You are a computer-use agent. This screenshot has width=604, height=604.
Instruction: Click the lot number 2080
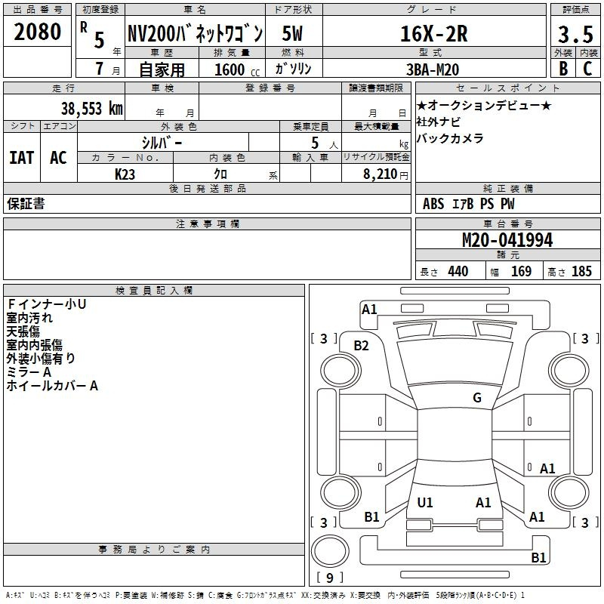point(37,32)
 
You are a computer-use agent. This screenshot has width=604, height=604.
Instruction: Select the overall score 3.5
point(575,34)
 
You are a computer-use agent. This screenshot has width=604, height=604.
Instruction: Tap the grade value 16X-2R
point(433,34)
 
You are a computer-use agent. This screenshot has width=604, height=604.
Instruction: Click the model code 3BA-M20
point(433,69)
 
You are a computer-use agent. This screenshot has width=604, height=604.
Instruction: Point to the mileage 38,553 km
point(91,109)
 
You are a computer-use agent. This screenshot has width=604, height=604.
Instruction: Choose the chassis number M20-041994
point(507,240)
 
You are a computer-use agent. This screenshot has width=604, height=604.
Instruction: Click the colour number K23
point(125,174)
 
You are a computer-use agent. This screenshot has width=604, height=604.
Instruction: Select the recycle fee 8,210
point(380,174)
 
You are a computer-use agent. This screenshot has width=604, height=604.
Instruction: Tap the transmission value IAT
point(21,158)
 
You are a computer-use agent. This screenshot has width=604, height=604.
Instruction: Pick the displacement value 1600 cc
point(237,69)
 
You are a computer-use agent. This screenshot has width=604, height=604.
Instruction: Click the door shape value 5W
point(292,33)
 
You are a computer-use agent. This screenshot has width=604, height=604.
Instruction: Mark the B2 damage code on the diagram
point(361,346)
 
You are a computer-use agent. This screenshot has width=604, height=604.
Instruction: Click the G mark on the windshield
point(477,397)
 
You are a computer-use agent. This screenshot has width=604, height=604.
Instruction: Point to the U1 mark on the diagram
point(425,502)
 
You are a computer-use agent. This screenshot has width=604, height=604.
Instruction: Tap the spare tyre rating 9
point(329,578)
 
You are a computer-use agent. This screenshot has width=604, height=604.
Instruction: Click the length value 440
point(458,272)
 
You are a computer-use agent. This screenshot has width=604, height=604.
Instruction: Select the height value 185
point(581,272)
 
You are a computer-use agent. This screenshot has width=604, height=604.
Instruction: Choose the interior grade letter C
point(587,69)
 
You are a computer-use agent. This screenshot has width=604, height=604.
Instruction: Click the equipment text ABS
point(433,204)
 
